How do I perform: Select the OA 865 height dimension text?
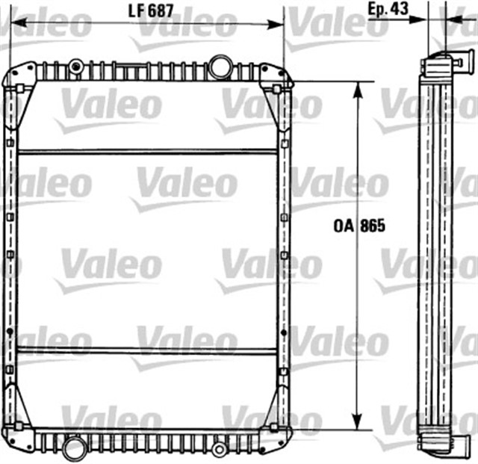(x=359, y=226)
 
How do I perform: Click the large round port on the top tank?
(x=220, y=66)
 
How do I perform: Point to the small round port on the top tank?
(x=75, y=66)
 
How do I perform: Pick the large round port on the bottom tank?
(x=74, y=448)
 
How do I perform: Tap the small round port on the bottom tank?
(x=219, y=449)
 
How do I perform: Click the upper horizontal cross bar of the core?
(x=147, y=152)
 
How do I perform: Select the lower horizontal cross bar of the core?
(x=147, y=350)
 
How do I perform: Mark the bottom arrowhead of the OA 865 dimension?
(x=358, y=424)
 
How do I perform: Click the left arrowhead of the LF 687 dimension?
(x=15, y=24)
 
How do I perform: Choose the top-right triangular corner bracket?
(x=274, y=105)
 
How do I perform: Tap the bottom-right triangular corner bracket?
(x=274, y=407)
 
